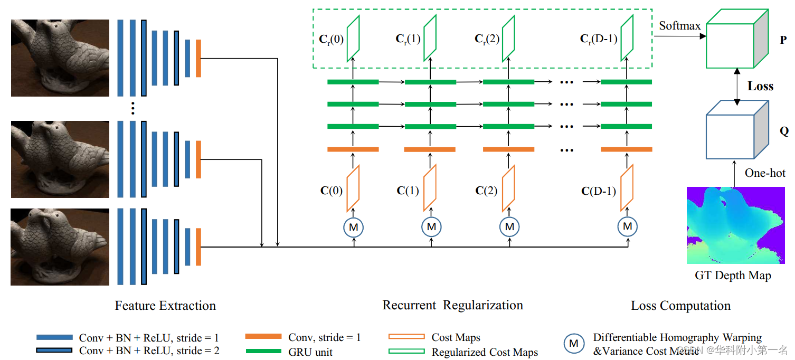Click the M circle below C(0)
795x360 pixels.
pyautogui.click(x=354, y=227)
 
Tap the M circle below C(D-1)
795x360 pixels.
pyautogui.click(x=627, y=226)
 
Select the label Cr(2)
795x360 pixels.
pyautogui.click(x=487, y=39)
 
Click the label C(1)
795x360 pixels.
pyautogui.click(x=408, y=191)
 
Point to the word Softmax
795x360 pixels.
pyautogui.click(x=680, y=26)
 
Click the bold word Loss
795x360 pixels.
pyautogui.click(x=760, y=87)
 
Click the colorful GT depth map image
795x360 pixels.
pyautogui.click(x=733, y=225)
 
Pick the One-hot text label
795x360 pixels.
pyautogui.click(x=765, y=173)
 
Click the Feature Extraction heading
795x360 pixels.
pyautogui.click(x=165, y=306)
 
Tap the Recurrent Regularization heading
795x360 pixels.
pyautogui.click(x=452, y=305)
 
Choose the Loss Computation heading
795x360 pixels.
pyautogui.click(x=680, y=306)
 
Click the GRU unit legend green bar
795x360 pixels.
pyautogui.click(x=263, y=350)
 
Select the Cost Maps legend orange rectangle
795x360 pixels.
pyautogui.click(x=406, y=337)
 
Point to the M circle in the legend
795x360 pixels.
pyautogui.click(x=573, y=344)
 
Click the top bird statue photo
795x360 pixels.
pyautogui.click(x=60, y=58)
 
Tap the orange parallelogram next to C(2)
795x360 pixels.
pyautogui.click(x=508, y=188)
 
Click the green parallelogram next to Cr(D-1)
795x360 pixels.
pyautogui.click(x=627, y=37)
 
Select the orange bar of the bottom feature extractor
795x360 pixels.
pyautogui.click(x=198, y=247)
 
